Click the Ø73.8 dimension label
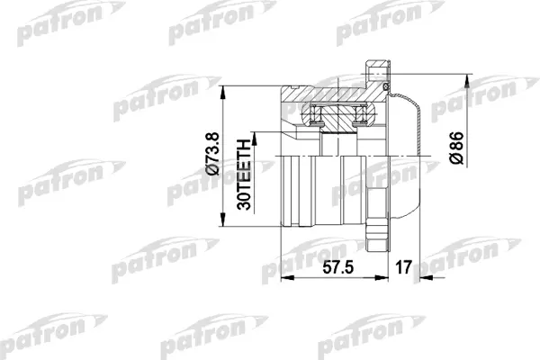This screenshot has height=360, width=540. [x=213, y=153]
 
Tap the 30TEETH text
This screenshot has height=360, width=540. [x=244, y=175]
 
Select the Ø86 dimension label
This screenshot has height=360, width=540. [x=457, y=148]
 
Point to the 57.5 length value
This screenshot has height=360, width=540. [x=338, y=267]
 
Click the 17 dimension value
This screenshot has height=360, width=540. [x=403, y=267]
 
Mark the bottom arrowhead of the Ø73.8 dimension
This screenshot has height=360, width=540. [x=223, y=220]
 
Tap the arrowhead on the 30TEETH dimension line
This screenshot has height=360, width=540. [x=255, y=139]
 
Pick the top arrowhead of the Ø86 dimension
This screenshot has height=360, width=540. [x=466, y=81]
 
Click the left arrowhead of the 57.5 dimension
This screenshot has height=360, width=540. [x=288, y=278]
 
